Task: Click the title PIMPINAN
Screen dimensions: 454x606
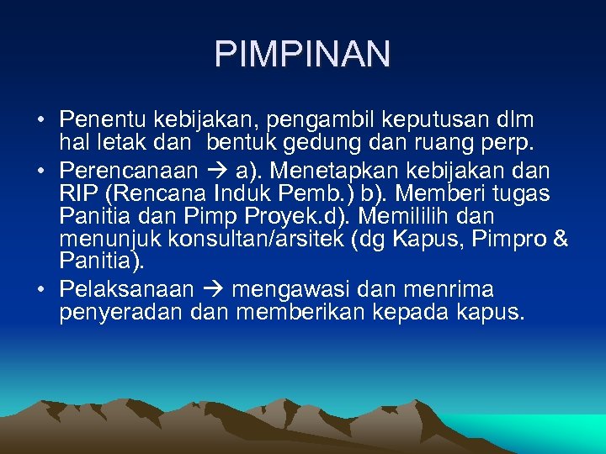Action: tap(302, 54)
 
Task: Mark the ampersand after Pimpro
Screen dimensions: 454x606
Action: tap(561, 240)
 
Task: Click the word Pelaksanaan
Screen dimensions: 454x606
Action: tap(126, 290)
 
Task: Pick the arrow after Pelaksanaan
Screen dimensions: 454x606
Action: tap(212, 290)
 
